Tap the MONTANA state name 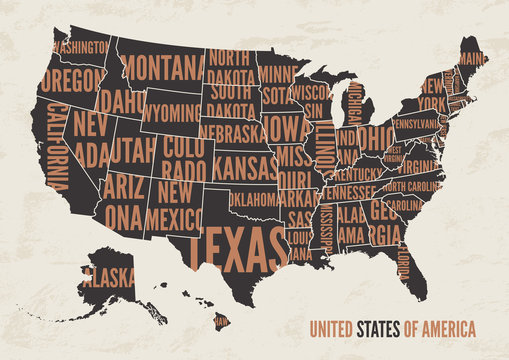164,67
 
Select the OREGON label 73,78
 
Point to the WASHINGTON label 79,47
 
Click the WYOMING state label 170,112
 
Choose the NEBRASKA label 231,131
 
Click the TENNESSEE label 349,192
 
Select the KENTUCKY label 357,174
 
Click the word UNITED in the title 332,329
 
